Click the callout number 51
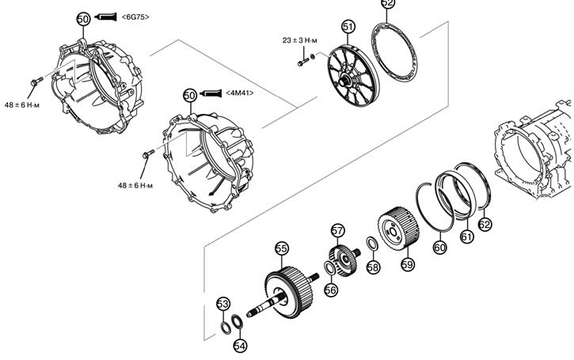click(x=348, y=27)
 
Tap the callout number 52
click(x=387, y=4)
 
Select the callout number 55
click(x=280, y=248)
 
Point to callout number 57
click(x=338, y=230)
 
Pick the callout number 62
click(x=485, y=224)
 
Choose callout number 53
click(x=223, y=304)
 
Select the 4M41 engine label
click(x=239, y=93)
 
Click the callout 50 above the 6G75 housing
click(x=84, y=17)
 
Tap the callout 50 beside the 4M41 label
click(x=189, y=95)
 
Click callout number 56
click(x=331, y=290)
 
